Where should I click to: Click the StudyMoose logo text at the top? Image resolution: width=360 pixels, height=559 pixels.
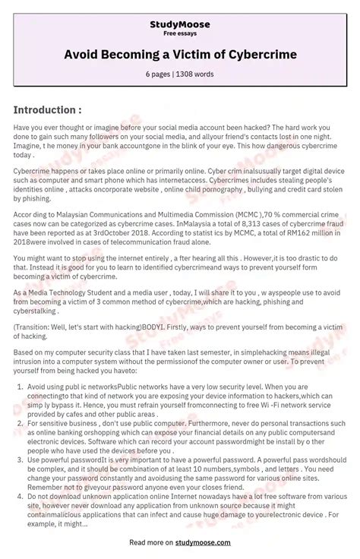point(180,24)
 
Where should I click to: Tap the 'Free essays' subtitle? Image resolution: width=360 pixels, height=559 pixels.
point(180,34)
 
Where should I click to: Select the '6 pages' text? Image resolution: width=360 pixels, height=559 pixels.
point(159,75)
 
